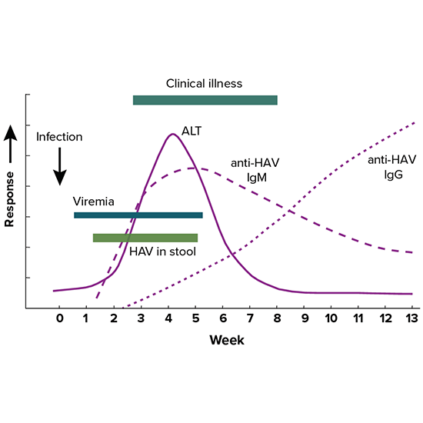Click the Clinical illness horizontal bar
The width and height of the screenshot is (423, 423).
click(x=205, y=100)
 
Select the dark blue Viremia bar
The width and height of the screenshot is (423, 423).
click(x=138, y=215)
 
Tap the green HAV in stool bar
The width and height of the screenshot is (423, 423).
click(x=145, y=238)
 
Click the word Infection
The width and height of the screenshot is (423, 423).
click(x=59, y=137)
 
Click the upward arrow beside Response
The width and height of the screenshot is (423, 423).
click(x=11, y=144)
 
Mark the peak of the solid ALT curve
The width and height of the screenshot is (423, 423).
click(x=172, y=134)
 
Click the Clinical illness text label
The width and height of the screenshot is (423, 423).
click(x=204, y=83)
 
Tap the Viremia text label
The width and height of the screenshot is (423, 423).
click(x=95, y=202)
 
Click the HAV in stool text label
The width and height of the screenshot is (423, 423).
click(x=162, y=251)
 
